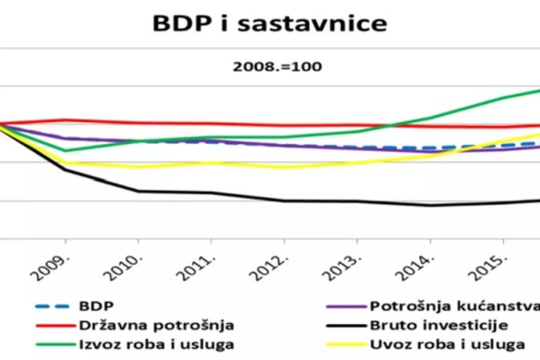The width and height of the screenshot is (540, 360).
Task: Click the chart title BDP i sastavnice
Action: pyautogui.click(x=269, y=24)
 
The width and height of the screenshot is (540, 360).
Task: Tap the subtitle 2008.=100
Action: pyautogui.click(x=278, y=67)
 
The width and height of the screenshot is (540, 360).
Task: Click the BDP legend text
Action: pyautogui.click(x=96, y=306)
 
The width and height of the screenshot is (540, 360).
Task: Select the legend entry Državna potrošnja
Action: pyautogui.click(x=157, y=325)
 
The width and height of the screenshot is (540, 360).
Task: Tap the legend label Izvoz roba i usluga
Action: pyautogui.click(x=157, y=344)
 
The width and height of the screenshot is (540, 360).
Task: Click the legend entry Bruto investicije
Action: pyautogui.click(x=439, y=325)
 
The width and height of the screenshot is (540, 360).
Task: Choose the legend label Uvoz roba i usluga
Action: pyautogui.click(x=447, y=344)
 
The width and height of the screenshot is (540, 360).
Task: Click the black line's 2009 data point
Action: pyautogui.click(x=65, y=169)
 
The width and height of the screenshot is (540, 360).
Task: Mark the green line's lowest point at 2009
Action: pyautogui.click(x=65, y=151)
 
